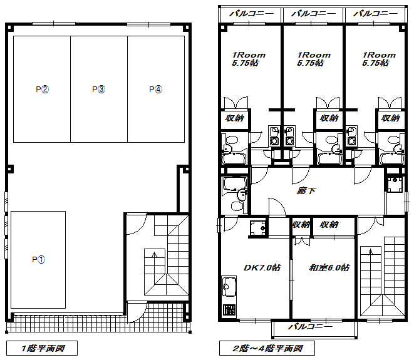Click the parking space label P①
point(39,260)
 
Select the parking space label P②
point(42,89)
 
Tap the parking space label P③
point(99,89)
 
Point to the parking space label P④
point(156,89)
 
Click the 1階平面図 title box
point(42,348)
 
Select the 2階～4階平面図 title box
point(267,348)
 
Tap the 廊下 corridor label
point(306,190)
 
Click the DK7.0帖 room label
point(262,267)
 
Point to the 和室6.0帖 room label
point(329,267)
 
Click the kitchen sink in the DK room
point(229,286)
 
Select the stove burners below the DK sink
point(229,309)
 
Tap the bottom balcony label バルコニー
point(311,327)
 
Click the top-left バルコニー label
point(252,13)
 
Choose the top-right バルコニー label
point(375,13)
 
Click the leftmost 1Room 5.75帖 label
point(249,59)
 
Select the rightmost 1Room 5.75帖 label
point(379,59)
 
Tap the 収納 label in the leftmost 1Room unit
point(235,118)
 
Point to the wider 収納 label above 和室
point(329,225)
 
